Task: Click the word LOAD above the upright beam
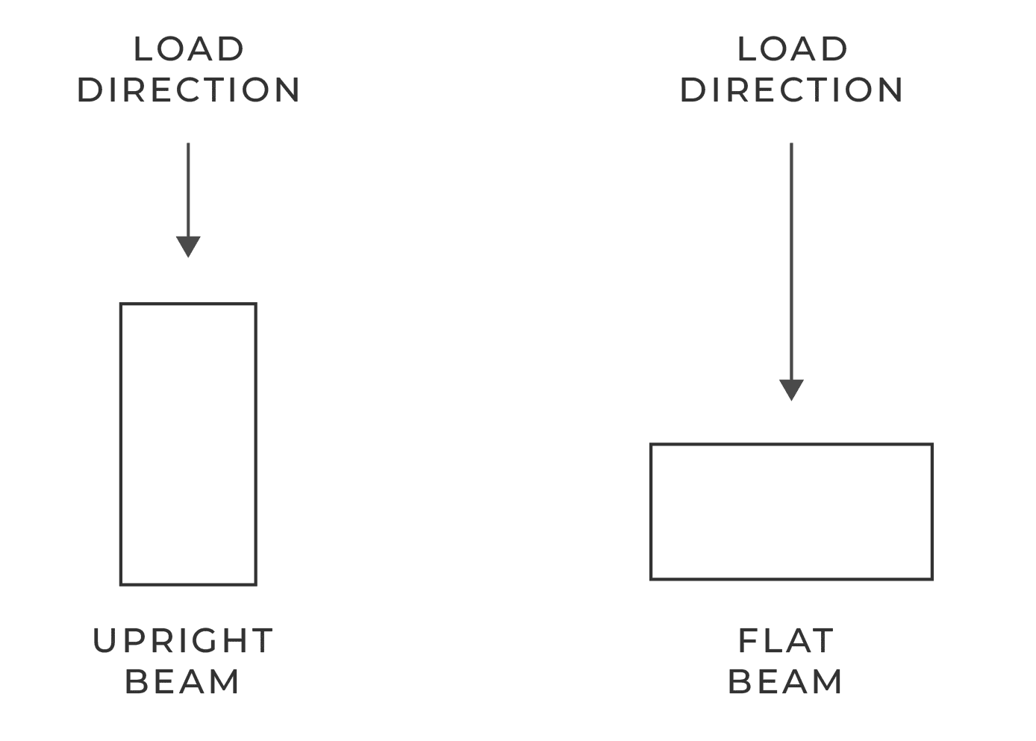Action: coord(189,49)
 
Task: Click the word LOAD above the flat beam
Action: coord(792,49)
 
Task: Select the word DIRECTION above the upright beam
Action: coord(189,90)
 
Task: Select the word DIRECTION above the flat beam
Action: coord(792,90)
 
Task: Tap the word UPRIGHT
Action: coord(183,641)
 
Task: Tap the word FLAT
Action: coord(786,641)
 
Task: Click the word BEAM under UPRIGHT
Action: coord(182,682)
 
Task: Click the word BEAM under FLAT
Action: coord(785,682)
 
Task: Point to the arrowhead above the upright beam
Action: coord(188,246)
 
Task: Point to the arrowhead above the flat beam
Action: coord(791,390)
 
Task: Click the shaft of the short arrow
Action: coord(188,190)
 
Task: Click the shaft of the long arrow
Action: coord(791,261)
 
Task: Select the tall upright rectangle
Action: coord(121,444)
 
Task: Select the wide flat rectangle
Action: coord(791,445)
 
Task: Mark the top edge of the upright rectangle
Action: coord(188,304)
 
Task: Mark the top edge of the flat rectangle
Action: coord(791,445)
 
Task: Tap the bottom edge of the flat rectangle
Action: coord(791,579)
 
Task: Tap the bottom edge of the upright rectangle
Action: coord(188,585)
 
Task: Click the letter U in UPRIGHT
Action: coord(104,641)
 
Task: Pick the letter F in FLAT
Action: coord(748,641)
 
